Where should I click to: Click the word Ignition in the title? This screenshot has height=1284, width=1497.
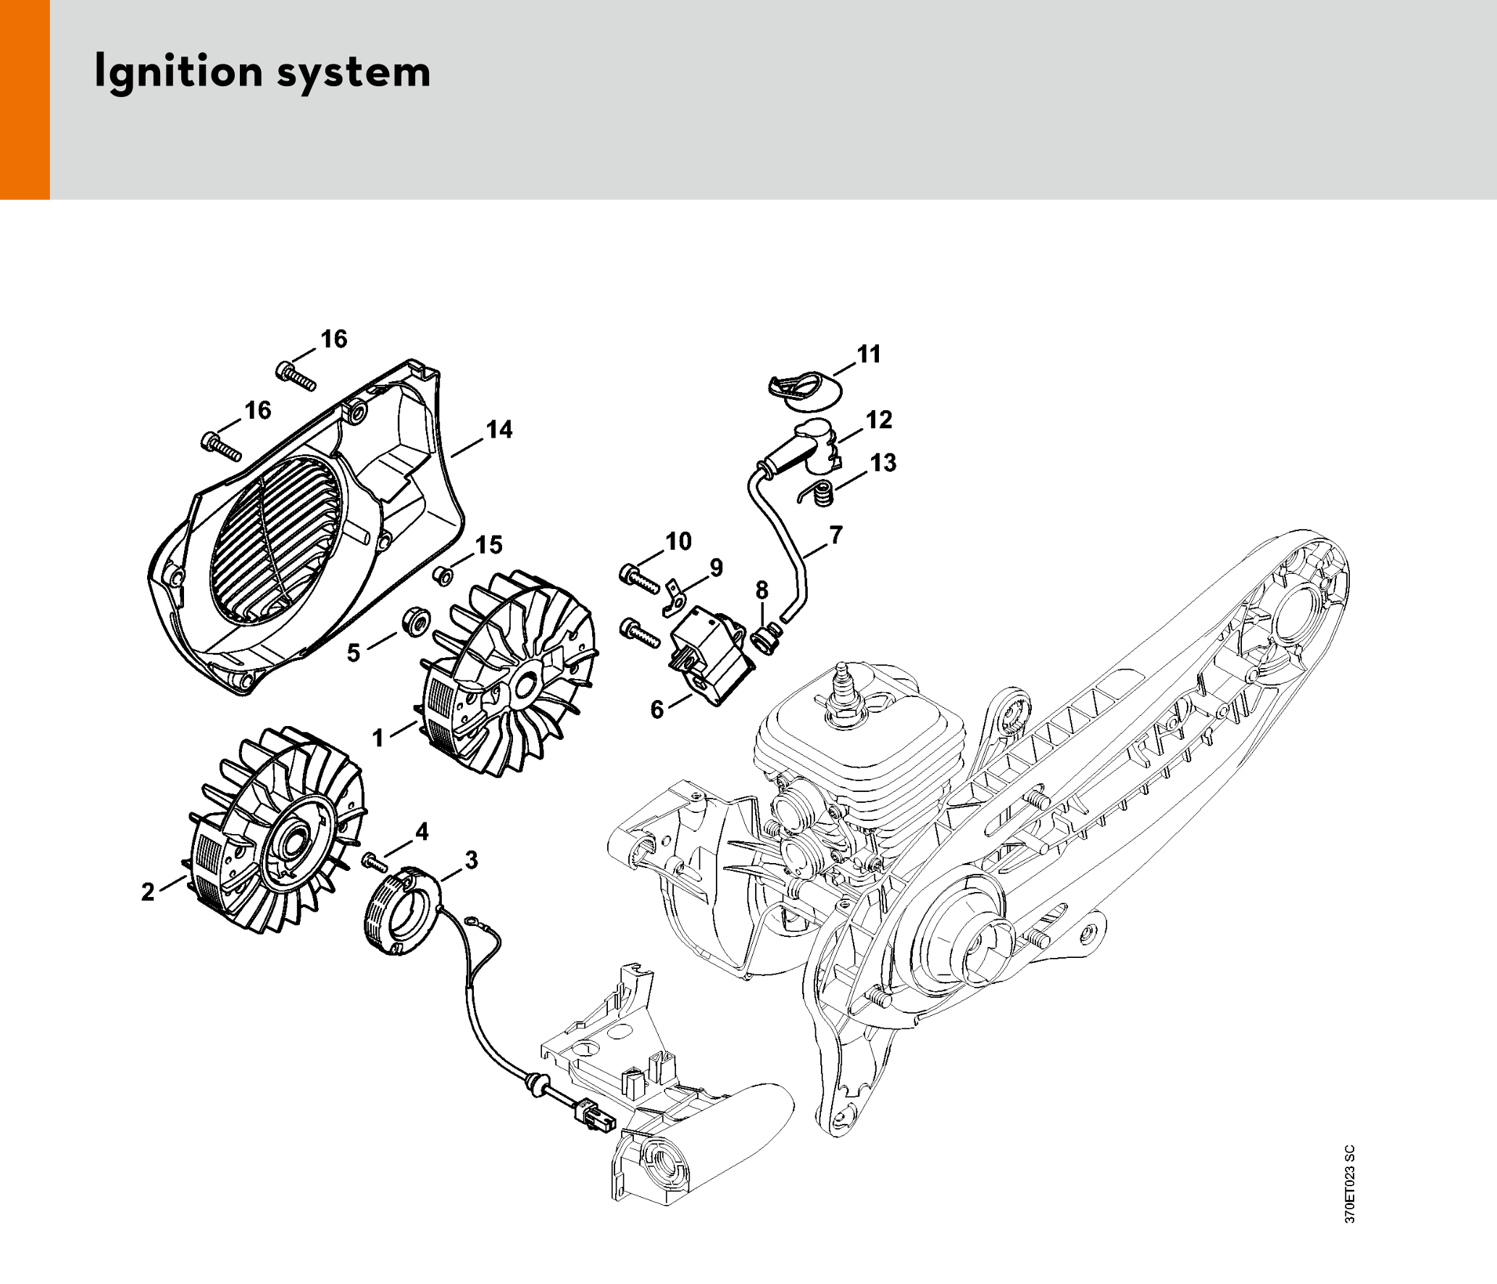pyautogui.click(x=178, y=72)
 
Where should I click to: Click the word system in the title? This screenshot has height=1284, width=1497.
pyautogui.click(x=354, y=72)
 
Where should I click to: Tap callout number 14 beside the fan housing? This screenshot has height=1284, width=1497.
pyautogui.click(x=499, y=430)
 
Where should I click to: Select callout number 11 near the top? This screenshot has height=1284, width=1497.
pyautogui.click(x=869, y=354)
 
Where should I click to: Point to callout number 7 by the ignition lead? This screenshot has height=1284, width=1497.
pyautogui.click(x=836, y=535)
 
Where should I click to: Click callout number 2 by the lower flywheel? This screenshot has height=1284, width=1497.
pyautogui.click(x=148, y=891)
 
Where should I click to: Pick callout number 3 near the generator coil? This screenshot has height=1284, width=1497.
pyautogui.click(x=471, y=860)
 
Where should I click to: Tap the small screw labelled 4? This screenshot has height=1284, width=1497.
pyautogui.click(x=374, y=862)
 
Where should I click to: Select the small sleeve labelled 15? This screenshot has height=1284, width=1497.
pyautogui.click(x=443, y=577)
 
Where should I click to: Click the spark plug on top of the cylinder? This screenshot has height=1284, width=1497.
pyautogui.click(x=842, y=692)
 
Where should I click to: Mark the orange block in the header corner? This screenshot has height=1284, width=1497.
pyautogui.click(x=25, y=99)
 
